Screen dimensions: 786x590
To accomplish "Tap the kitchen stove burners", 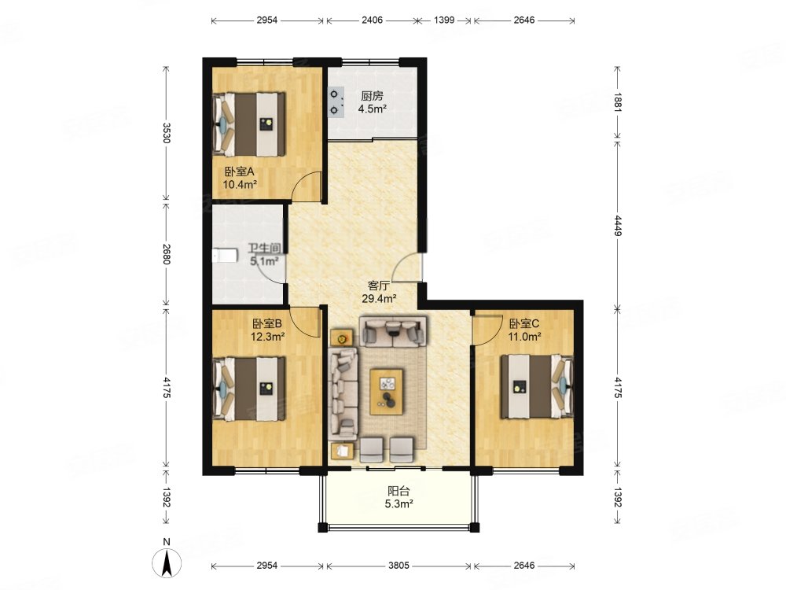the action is click(x=336, y=101).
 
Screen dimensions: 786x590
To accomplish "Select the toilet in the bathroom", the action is click(x=224, y=256).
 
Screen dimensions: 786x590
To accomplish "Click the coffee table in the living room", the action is click(x=387, y=392).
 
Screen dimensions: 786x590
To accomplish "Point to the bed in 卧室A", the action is click(x=249, y=124).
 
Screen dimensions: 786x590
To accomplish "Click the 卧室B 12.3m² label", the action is click(x=268, y=330).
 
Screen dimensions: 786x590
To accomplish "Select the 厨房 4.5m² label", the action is click(x=372, y=102).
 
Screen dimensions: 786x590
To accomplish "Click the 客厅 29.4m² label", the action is click(x=380, y=293).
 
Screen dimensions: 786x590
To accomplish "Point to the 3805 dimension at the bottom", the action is click(x=399, y=566).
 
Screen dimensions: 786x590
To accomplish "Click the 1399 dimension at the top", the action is click(x=444, y=20).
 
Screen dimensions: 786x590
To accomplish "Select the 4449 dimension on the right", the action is click(x=618, y=225).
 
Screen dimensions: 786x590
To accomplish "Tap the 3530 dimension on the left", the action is click(x=167, y=133).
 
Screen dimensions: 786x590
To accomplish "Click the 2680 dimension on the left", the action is click(x=167, y=254).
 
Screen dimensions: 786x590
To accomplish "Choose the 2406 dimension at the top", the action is click(x=372, y=20).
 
